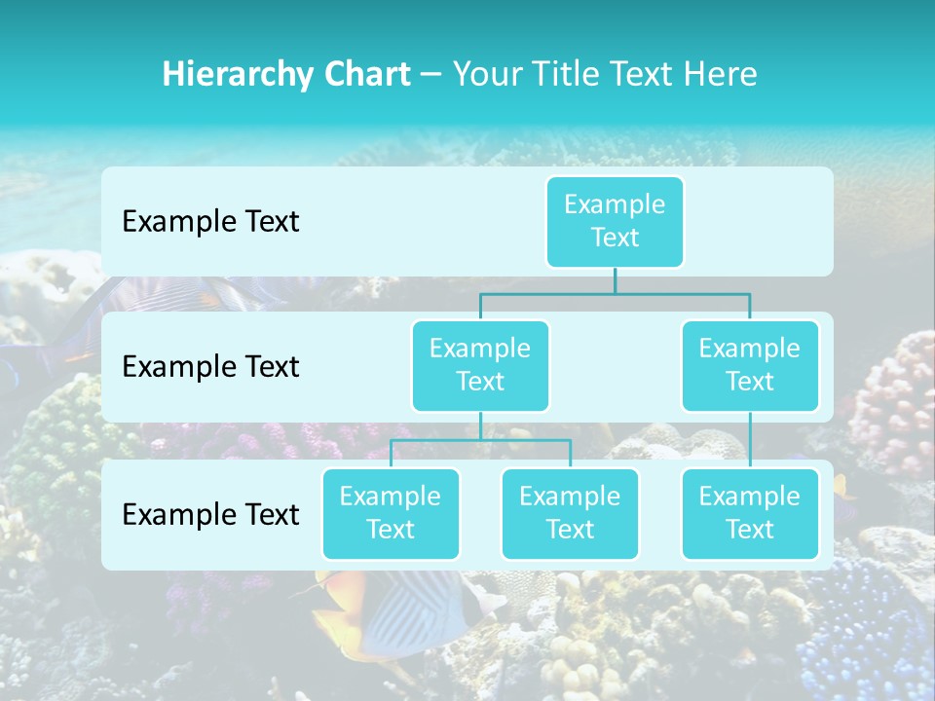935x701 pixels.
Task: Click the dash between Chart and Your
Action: point(430,75)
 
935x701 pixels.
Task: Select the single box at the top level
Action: point(615,221)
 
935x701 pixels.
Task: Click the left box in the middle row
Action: point(480,365)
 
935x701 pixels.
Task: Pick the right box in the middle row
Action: point(750,365)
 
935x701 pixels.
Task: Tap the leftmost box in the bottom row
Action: point(391,513)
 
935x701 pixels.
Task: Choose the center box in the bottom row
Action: point(570,513)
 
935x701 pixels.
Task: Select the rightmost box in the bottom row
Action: point(750,513)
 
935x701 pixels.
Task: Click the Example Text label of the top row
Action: point(210,222)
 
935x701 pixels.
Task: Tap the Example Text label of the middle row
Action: point(210,367)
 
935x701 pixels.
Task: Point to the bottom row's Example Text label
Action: point(210,514)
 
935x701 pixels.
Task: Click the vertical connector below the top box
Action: point(615,280)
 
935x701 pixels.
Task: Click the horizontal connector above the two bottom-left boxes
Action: point(480,440)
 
